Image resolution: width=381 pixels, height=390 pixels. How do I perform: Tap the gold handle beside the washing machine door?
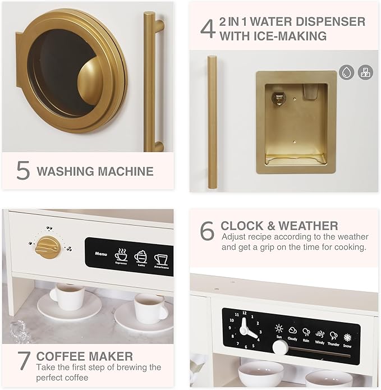[x=151, y=81]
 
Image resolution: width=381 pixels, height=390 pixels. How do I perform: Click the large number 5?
[x=23, y=171]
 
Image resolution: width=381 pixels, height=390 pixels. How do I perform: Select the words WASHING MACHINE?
[x=95, y=171]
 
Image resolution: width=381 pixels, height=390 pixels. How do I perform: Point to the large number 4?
[x=208, y=29]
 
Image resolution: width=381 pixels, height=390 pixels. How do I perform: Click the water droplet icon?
[x=346, y=72]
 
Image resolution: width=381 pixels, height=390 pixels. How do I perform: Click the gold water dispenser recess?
[x=296, y=122]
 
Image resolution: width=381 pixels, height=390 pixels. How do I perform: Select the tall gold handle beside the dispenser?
[x=212, y=122]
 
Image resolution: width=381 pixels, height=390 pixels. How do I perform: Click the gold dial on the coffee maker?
[x=48, y=247]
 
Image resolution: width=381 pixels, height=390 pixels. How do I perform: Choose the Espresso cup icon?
[x=121, y=256]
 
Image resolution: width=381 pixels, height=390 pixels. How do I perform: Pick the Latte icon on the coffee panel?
[x=140, y=257]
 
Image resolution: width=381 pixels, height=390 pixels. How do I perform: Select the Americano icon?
[x=162, y=259]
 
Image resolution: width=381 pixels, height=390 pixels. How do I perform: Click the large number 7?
[x=23, y=360]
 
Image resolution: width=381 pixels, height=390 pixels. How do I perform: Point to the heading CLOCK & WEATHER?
[x=279, y=226]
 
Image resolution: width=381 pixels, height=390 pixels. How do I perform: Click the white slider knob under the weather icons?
[x=280, y=347]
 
